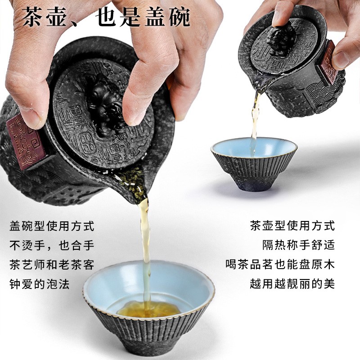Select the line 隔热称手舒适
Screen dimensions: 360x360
[299, 245]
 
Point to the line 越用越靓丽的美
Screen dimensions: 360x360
[292, 284]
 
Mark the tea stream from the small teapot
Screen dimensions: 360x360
[255, 121]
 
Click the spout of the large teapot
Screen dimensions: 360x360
[137, 184]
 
